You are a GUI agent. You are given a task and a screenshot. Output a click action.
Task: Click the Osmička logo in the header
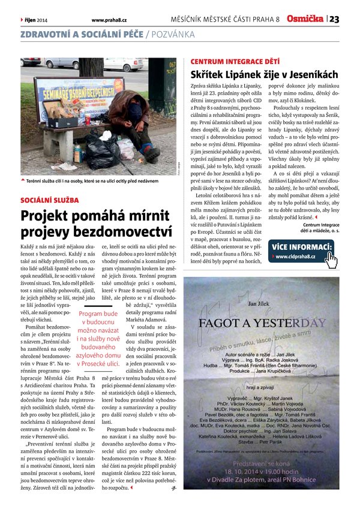tap(305, 19)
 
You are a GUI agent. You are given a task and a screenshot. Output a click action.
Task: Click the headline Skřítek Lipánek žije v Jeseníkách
tap(264, 76)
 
